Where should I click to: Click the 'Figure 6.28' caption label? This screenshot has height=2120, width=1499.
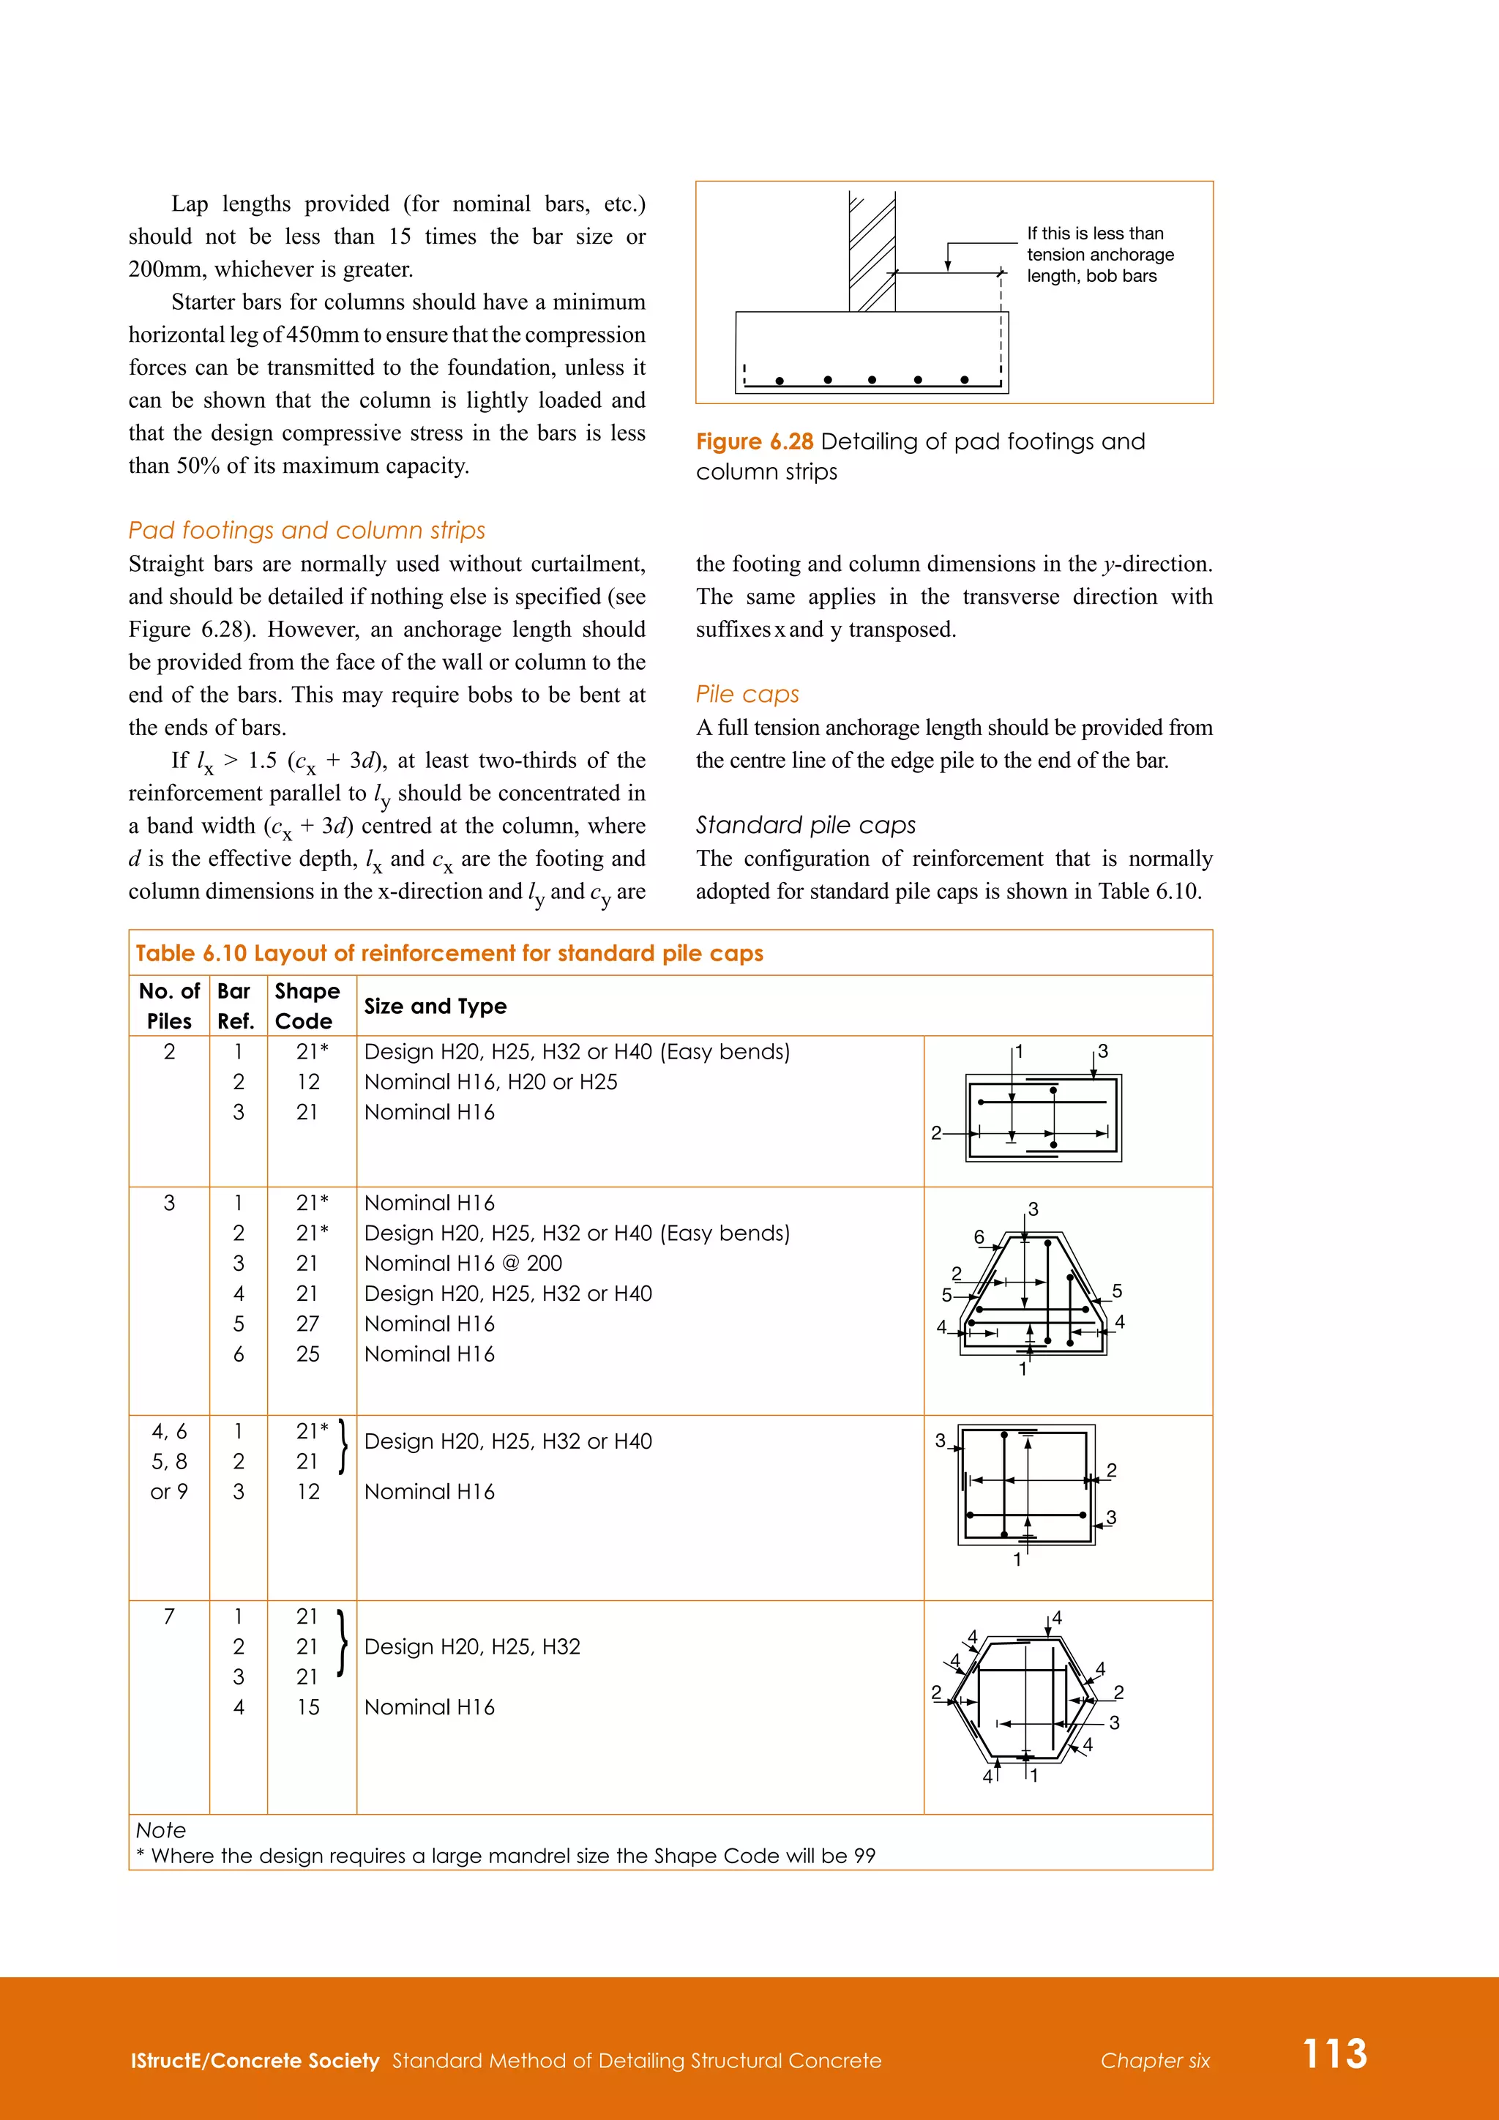coord(754,441)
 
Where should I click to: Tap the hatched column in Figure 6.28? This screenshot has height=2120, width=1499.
coord(871,252)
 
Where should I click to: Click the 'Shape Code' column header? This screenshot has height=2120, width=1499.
coord(307,1006)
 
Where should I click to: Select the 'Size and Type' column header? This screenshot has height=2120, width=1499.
coord(435,1006)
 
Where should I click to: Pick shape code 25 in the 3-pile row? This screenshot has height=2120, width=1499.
coord(307,1354)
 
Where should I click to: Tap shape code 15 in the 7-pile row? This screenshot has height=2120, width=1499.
coord(307,1706)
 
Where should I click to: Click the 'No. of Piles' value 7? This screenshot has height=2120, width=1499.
coord(169,1616)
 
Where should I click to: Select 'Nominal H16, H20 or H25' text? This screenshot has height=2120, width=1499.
coord(490,1081)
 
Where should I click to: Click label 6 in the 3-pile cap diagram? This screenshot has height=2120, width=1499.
coord(979,1237)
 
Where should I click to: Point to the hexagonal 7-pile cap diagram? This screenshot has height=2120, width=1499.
coord(1025,1699)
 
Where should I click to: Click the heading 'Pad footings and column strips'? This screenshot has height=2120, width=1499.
coord(307,530)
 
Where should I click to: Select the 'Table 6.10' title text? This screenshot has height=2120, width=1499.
coord(449,953)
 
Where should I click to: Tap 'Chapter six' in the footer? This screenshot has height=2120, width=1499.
coord(1155,2060)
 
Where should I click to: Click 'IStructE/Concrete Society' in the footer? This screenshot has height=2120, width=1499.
coord(255,2060)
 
